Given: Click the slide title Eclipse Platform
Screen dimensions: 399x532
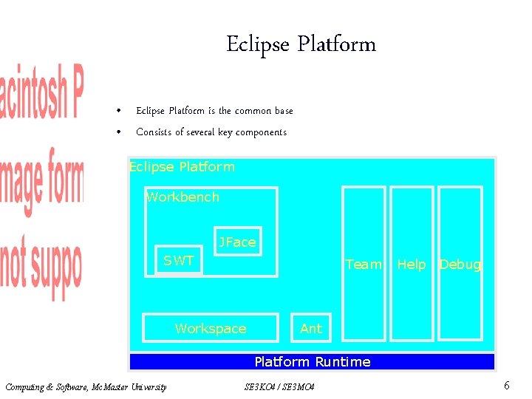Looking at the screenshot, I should click(x=301, y=44).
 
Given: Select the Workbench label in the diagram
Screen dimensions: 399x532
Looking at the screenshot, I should click(x=183, y=197).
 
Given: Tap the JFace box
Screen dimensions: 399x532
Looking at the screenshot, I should click(x=237, y=242).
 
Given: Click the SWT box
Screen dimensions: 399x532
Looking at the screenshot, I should click(x=179, y=260).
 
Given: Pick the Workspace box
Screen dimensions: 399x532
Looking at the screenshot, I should click(x=211, y=329).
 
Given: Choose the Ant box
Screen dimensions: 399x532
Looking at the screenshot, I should click(x=311, y=329).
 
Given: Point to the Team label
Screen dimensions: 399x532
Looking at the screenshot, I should click(x=364, y=265).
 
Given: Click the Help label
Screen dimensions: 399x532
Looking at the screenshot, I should click(x=412, y=265).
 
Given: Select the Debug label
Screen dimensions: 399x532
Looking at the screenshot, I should click(x=460, y=265).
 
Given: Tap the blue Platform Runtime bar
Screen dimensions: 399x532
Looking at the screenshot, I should click(x=312, y=362).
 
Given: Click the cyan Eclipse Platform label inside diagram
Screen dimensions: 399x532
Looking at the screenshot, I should click(x=182, y=167).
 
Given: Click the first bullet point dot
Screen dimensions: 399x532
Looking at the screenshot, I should click(x=117, y=112).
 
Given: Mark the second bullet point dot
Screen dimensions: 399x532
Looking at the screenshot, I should click(x=117, y=133).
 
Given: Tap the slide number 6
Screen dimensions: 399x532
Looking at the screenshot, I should click(x=506, y=386).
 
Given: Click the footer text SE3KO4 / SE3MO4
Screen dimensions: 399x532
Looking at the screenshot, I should click(x=279, y=387).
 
